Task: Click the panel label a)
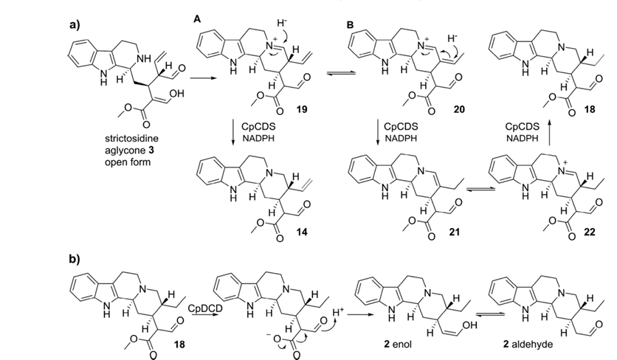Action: pyautogui.click(x=75, y=25)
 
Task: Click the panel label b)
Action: pyautogui.click(x=75, y=259)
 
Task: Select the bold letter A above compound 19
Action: pyautogui.click(x=197, y=19)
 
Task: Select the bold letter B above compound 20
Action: pyautogui.click(x=350, y=25)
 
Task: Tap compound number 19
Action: pyautogui.click(x=302, y=109)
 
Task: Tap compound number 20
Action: pyautogui.click(x=459, y=109)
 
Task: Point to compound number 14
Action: pyautogui.click(x=302, y=232)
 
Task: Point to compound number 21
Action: pyautogui.click(x=454, y=232)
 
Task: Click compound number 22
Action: pyautogui.click(x=589, y=232)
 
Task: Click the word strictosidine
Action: pyautogui.click(x=132, y=139)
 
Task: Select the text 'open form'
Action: pyautogui.click(x=128, y=162)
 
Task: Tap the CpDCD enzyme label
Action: pyautogui.click(x=205, y=308)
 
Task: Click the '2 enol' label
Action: pyautogui.click(x=398, y=345)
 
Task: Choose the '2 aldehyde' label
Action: pyautogui.click(x=528, y=345)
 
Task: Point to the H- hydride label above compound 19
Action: pyautogui.click(x=282, y=23)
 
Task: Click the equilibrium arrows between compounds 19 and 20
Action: pyautogui.click(x=341, y=73)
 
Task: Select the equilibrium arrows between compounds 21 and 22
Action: pyautogui.click(x=480, y=190)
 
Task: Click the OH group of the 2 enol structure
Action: pyautogui.click(x=471, y=325)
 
